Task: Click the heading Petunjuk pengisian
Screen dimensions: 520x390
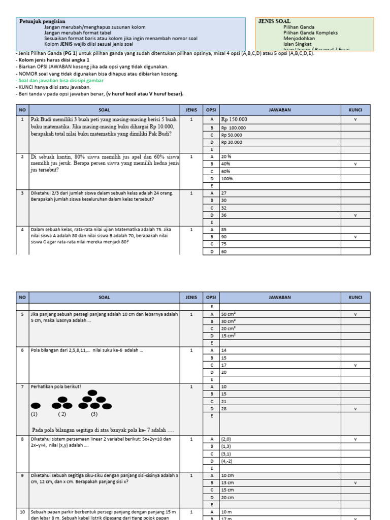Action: tap(42, 21)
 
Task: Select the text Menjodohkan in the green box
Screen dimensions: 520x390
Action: tap(299, 38)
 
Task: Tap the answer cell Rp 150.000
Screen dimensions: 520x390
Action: tap(234, 120)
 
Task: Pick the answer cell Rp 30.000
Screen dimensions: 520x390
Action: tap(232, 142)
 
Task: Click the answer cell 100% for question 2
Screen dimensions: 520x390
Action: tap(226, 179)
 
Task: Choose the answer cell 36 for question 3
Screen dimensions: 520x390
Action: tap(224, 215)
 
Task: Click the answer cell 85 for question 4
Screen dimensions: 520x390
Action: tap(224, 230)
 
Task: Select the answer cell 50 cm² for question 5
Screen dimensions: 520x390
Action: tap(228, 314)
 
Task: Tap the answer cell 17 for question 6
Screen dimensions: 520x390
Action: tap(224, 365)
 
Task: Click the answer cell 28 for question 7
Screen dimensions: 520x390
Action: tap(224, 409)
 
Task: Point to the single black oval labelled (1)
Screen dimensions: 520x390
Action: tap(36, 405)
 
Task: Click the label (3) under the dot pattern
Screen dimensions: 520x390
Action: tap(94, 414)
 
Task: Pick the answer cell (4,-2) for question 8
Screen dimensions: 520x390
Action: tap(227, 461)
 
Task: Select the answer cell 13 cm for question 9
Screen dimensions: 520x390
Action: tap(227, 483)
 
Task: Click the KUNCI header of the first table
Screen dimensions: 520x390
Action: tap(355, 110)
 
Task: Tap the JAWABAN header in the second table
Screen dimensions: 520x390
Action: tap(280, 298)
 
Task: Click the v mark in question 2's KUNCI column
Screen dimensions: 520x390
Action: tap(355, 164)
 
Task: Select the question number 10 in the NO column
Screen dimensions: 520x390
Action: tap(22, 512)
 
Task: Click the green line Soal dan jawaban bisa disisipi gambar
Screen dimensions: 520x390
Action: tap(60, 80)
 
